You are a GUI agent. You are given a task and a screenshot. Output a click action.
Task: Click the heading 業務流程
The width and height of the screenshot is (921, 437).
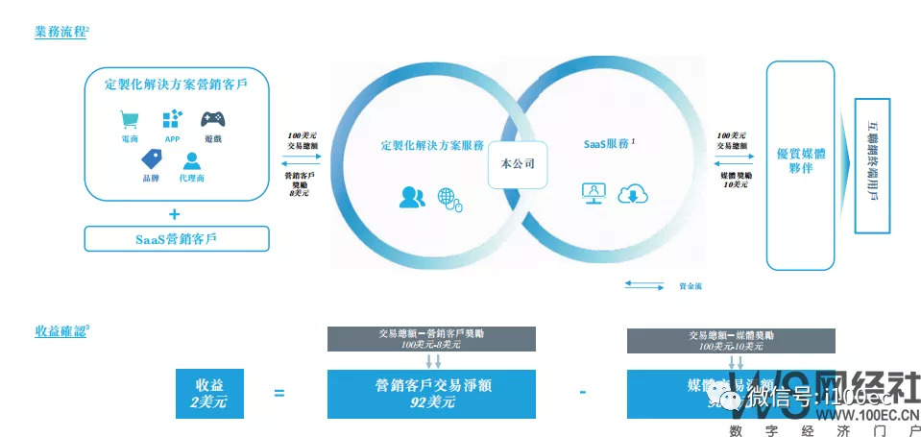(60, 32)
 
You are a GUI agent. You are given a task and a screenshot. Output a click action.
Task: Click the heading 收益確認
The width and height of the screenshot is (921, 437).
(60, 331)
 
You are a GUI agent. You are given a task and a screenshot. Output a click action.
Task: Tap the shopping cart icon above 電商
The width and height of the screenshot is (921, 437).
(128, 119)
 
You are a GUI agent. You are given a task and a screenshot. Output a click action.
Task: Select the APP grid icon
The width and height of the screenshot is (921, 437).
(172, 119)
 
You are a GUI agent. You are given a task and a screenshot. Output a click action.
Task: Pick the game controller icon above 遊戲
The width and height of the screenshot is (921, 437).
(213, 119)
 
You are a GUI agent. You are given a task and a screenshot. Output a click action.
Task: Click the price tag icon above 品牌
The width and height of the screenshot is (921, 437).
(151, 158)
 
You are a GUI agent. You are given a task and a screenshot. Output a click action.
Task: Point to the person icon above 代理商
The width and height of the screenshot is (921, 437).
(192, 160)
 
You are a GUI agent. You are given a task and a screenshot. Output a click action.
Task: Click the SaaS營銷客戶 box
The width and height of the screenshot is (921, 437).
(175, 238)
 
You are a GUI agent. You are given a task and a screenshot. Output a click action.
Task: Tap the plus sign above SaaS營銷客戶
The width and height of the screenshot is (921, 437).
(175, 213)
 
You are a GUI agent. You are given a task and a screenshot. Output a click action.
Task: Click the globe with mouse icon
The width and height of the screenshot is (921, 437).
(449, 198)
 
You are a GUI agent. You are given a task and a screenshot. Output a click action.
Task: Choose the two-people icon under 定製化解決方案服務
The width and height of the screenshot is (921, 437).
(412, 197)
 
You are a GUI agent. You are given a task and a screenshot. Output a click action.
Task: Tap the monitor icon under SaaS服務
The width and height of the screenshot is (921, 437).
(594, 193)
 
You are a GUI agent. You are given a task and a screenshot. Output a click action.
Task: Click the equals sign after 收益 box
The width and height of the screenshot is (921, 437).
(279, 393)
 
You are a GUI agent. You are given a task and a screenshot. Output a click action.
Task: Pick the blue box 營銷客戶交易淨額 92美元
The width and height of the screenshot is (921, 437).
(415, 394)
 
